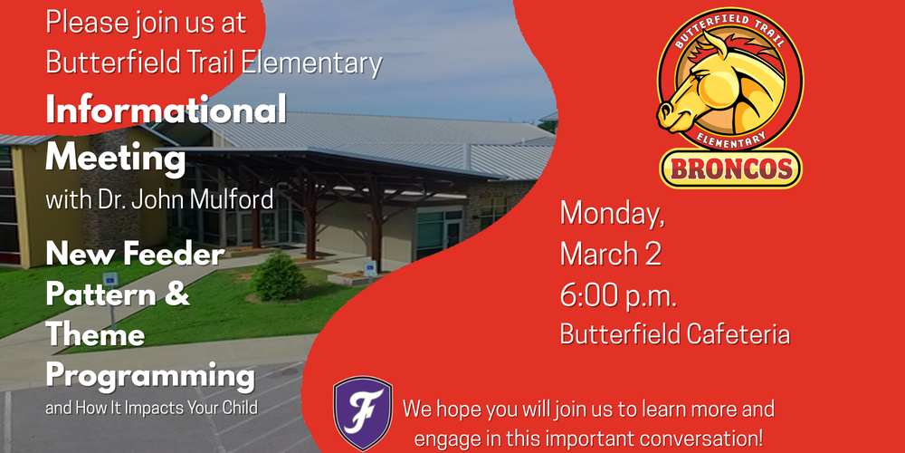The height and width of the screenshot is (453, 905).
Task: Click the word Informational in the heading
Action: (x=166, y=111)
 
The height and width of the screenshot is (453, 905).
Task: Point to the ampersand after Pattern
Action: (x=179, y=294)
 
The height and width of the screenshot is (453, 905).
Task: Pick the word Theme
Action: (x=95, y=334)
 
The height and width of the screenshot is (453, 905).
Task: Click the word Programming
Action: (x=149, y=374)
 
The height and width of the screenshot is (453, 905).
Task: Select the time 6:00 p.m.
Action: (x=618, y=294)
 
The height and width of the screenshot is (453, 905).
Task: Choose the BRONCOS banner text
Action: (x=730, y=168)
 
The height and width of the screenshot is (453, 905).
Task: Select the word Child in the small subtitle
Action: (x=238, y=407)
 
